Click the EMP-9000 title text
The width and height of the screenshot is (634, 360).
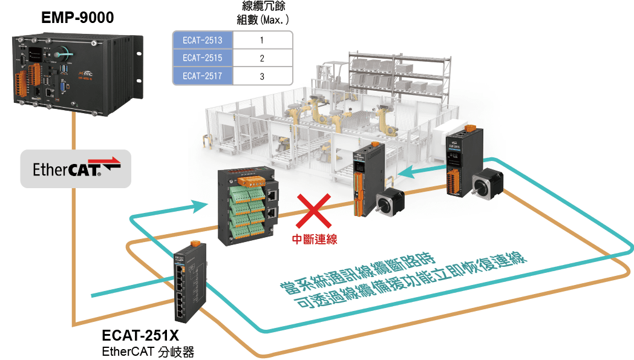click(x=77, y=18)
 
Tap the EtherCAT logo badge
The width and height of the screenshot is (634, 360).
click(x=76, y=169)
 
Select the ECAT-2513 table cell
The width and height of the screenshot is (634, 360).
click(x=203, y=40)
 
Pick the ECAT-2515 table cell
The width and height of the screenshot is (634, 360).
click(x=203, y=58)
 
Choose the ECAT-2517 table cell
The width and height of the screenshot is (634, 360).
click(x=203, y=76)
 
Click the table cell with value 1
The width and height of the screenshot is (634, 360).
click(x=263, y=40)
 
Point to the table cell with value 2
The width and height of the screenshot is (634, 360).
click(x=263, y=58)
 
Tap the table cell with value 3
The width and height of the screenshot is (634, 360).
click(x=263, y=76)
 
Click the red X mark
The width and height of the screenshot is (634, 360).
click(x=314, y=211)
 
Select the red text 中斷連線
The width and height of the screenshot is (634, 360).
click(x=315, y=240)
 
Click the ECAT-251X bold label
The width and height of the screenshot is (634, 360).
click(x=140, y=335)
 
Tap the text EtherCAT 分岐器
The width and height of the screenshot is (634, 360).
click(x=148, y=352)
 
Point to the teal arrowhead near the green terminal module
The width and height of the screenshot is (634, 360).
click(x=201, y=206)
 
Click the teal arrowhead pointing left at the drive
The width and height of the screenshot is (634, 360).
click(x=406, y=172)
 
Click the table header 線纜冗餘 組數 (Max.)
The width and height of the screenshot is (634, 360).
click(x=263, y=13)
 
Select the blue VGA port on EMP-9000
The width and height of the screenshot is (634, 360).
click(x=63, y=87)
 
